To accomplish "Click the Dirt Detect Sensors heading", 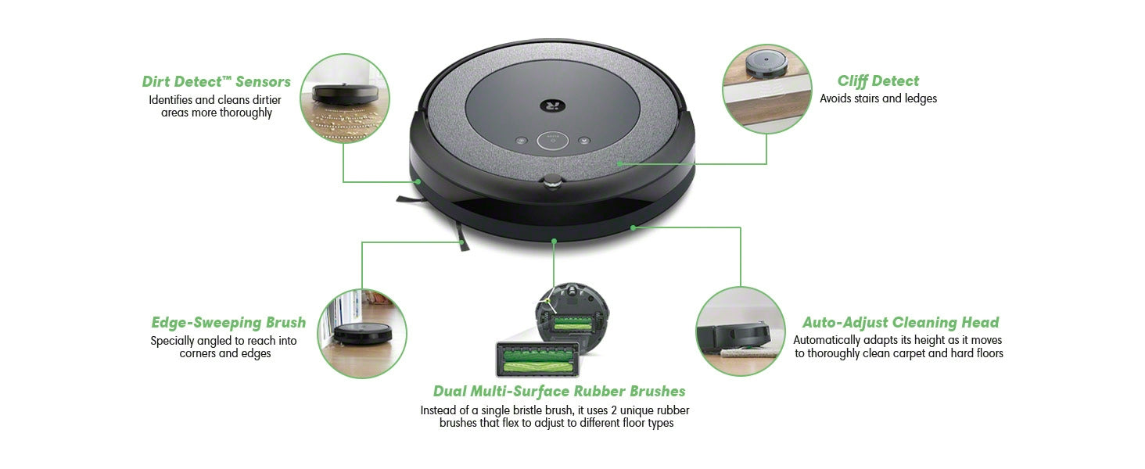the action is [x=216, y=82].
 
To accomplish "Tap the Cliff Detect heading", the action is [x=878, y=81].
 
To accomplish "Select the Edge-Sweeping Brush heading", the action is [x=228, y=322].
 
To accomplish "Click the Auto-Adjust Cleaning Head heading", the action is [x=900, y=322].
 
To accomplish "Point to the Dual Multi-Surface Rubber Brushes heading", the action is [x=559, y=392].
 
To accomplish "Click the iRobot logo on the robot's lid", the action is [x=553, y=106].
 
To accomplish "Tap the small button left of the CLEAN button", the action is [x=521, y=140].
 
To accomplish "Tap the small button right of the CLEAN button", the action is [x=584, y=140].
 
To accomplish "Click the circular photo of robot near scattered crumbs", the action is [x=345, y=98].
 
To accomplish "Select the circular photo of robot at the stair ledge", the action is [x=766, y=89].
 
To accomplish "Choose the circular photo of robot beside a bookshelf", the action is [x=362, y=334].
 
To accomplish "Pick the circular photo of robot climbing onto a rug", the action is [x=741, y=331].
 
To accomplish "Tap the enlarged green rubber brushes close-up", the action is [x=537, y=360].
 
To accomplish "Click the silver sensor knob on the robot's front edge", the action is [x=552, y=181].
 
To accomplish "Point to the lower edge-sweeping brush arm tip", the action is [x=465, y=248].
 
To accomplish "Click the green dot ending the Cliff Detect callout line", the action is [x=619, y=163].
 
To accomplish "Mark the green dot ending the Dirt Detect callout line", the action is [x=418, y=181].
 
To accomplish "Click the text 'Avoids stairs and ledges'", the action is [x=878, y=98].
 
